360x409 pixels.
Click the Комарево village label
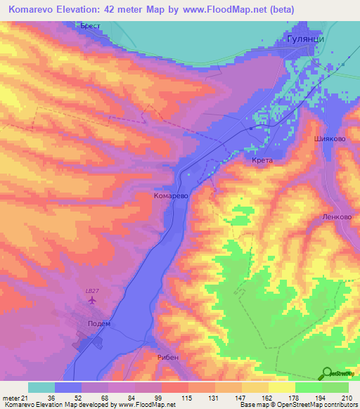(x=170, y=197)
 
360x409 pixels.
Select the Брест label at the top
(x=91, y=26)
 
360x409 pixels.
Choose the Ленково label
(x=337, y=217)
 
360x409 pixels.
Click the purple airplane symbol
(x=91, y=301)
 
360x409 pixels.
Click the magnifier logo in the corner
(x=327, y=373)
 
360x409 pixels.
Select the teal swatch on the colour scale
(x=41, y=387)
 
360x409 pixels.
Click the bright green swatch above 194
(x=308, y=387)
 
